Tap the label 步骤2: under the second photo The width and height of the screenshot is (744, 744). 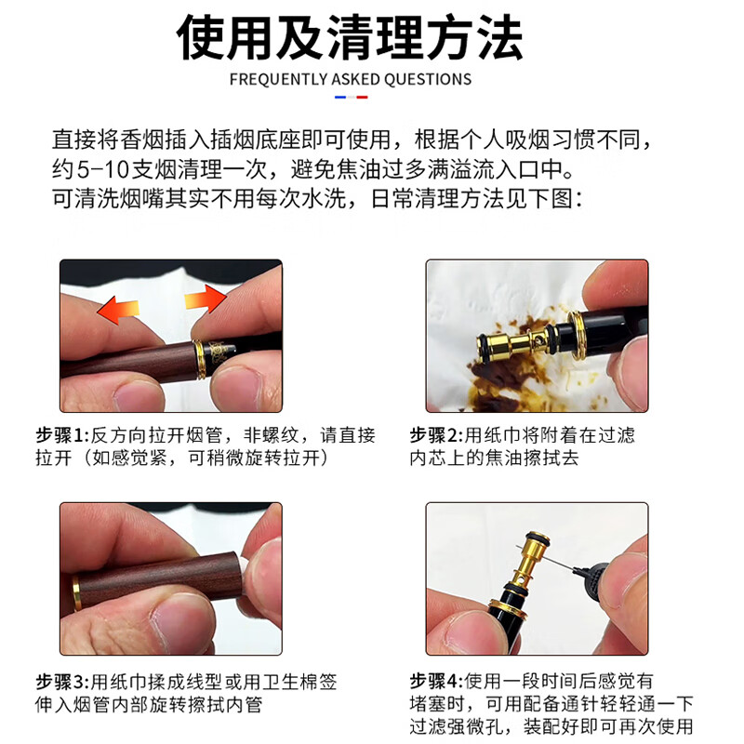[434, 435]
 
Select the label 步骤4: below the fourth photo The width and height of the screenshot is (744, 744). [434, 680]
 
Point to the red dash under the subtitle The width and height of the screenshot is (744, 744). [362, 97]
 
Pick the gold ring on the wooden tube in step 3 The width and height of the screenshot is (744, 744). [73, 594]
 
